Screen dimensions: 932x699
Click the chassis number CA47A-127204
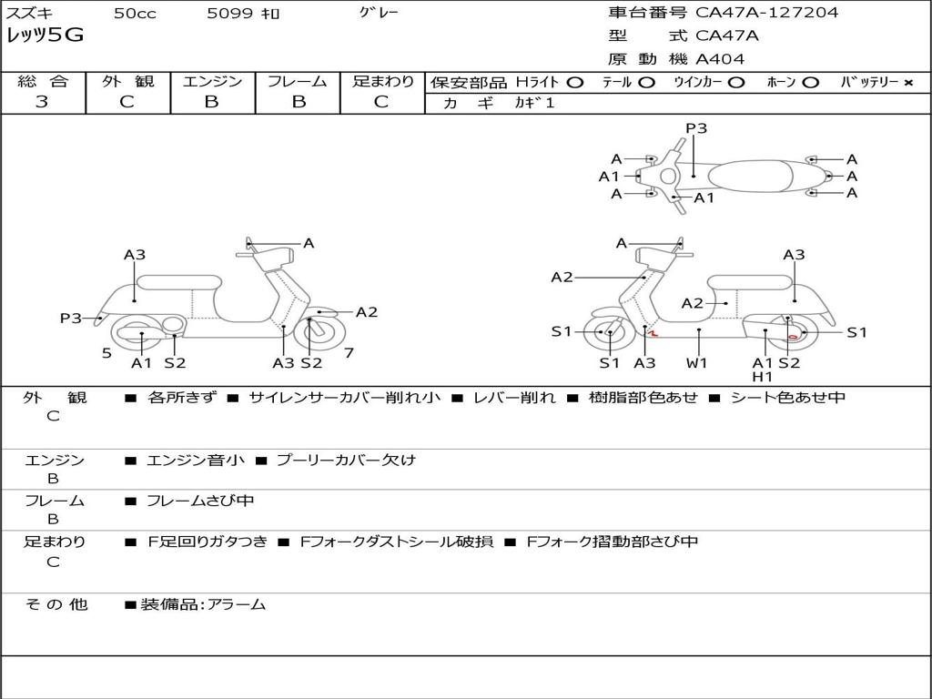click(x=767, y=13)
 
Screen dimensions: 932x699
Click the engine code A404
click(x=720, y=59)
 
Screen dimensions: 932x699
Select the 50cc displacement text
click(x=134, y=14)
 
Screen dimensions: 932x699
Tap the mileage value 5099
click(x=224, y=14)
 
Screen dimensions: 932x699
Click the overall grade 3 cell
click(x=42, y=102)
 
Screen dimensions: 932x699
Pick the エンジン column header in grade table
click(x=212, y=82)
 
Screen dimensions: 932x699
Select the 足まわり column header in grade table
click(x=383, y=82)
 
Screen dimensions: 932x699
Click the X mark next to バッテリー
click(x=908, y=83)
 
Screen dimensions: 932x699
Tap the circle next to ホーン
click(x=810, y=83)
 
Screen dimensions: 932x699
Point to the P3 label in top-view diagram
click(x=696, y=128)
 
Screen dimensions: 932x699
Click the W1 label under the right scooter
click(x=697, y=363)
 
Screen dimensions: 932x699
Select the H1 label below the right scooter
click(x=763, y=377)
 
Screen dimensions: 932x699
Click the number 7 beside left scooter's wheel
click(x=349, y=352)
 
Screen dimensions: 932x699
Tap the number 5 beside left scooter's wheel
click(x=106, y=352)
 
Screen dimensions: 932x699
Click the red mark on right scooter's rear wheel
click(x=794, y=337)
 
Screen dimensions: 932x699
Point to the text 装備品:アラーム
click(x=203, y=603)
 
